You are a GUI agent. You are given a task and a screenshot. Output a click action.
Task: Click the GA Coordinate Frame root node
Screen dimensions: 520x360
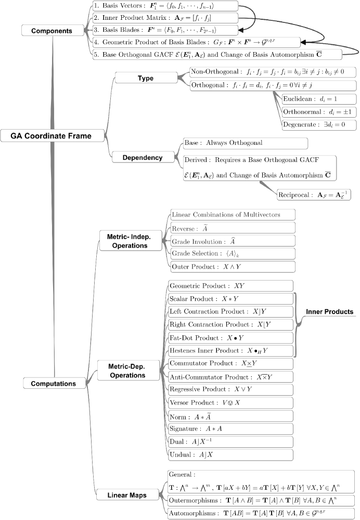(51, 136)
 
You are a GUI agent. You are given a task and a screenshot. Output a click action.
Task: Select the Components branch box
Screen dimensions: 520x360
(52, 31)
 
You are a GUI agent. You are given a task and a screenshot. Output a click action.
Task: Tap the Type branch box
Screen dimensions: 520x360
(146, 78)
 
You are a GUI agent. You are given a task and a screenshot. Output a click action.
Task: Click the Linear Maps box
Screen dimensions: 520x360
(130, 495)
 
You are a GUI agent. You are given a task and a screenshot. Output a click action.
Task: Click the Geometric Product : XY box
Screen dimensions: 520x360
(230, 286)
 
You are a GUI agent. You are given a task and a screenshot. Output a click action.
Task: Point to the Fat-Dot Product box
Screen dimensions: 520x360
(230, 337)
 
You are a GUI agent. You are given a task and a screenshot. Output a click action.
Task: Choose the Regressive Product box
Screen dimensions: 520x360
(230, 390)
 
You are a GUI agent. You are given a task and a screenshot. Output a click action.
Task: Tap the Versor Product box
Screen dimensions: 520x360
(230, 403)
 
